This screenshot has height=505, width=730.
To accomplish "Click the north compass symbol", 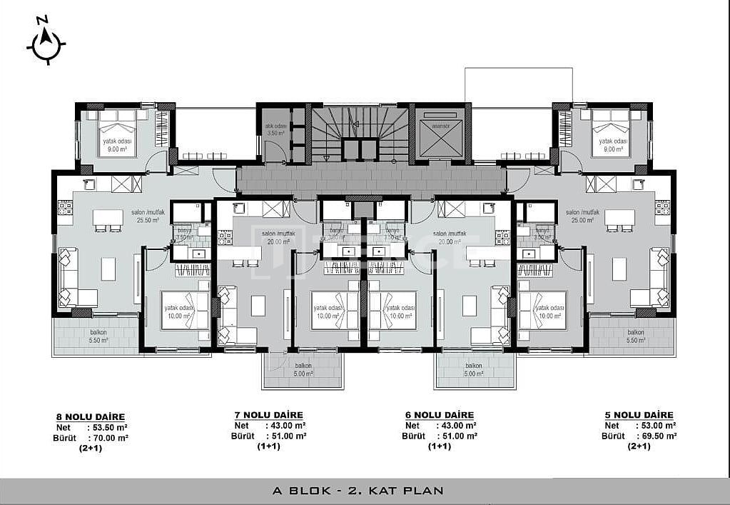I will pos(46,44).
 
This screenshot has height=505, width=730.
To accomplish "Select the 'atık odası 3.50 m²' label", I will pos(276,129).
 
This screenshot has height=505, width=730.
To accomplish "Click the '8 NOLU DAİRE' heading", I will pos(91,417).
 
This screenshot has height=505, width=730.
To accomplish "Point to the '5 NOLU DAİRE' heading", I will pos(639,415).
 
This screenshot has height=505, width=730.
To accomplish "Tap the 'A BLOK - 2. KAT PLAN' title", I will pos(358,491).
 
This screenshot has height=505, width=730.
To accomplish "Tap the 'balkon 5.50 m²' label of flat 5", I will pos(637,336).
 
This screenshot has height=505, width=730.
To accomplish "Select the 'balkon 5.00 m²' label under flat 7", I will pos(303,369).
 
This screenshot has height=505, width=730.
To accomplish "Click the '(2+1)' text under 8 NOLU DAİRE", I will pos(91,449).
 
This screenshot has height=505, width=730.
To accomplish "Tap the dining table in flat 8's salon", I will pos(108,218).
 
